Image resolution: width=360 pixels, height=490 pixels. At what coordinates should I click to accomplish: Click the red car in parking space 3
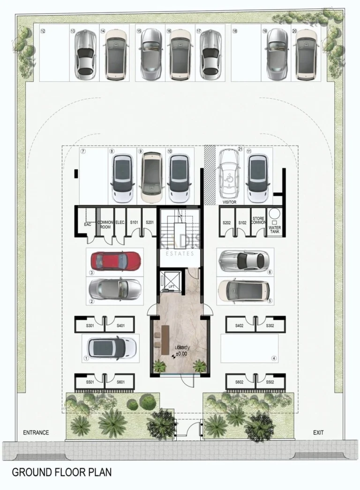115,261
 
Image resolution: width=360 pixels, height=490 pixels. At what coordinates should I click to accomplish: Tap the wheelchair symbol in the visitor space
229,178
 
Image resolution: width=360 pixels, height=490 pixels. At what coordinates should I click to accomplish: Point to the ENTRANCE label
36,433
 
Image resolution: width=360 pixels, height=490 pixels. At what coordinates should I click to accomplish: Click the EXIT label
318,433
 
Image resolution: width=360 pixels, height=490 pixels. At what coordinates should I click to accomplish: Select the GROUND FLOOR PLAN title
61,472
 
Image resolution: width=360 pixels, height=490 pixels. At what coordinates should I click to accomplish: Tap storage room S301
90,326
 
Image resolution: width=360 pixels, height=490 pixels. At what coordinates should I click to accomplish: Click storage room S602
240,382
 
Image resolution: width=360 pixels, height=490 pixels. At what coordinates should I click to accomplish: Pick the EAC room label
87,224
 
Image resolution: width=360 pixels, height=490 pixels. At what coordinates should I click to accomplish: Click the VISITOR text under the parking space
230,202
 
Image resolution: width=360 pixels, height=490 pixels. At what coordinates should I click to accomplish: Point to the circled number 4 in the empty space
274,358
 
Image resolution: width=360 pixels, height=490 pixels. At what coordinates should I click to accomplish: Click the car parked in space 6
243,260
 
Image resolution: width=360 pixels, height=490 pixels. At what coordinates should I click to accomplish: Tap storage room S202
227,223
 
